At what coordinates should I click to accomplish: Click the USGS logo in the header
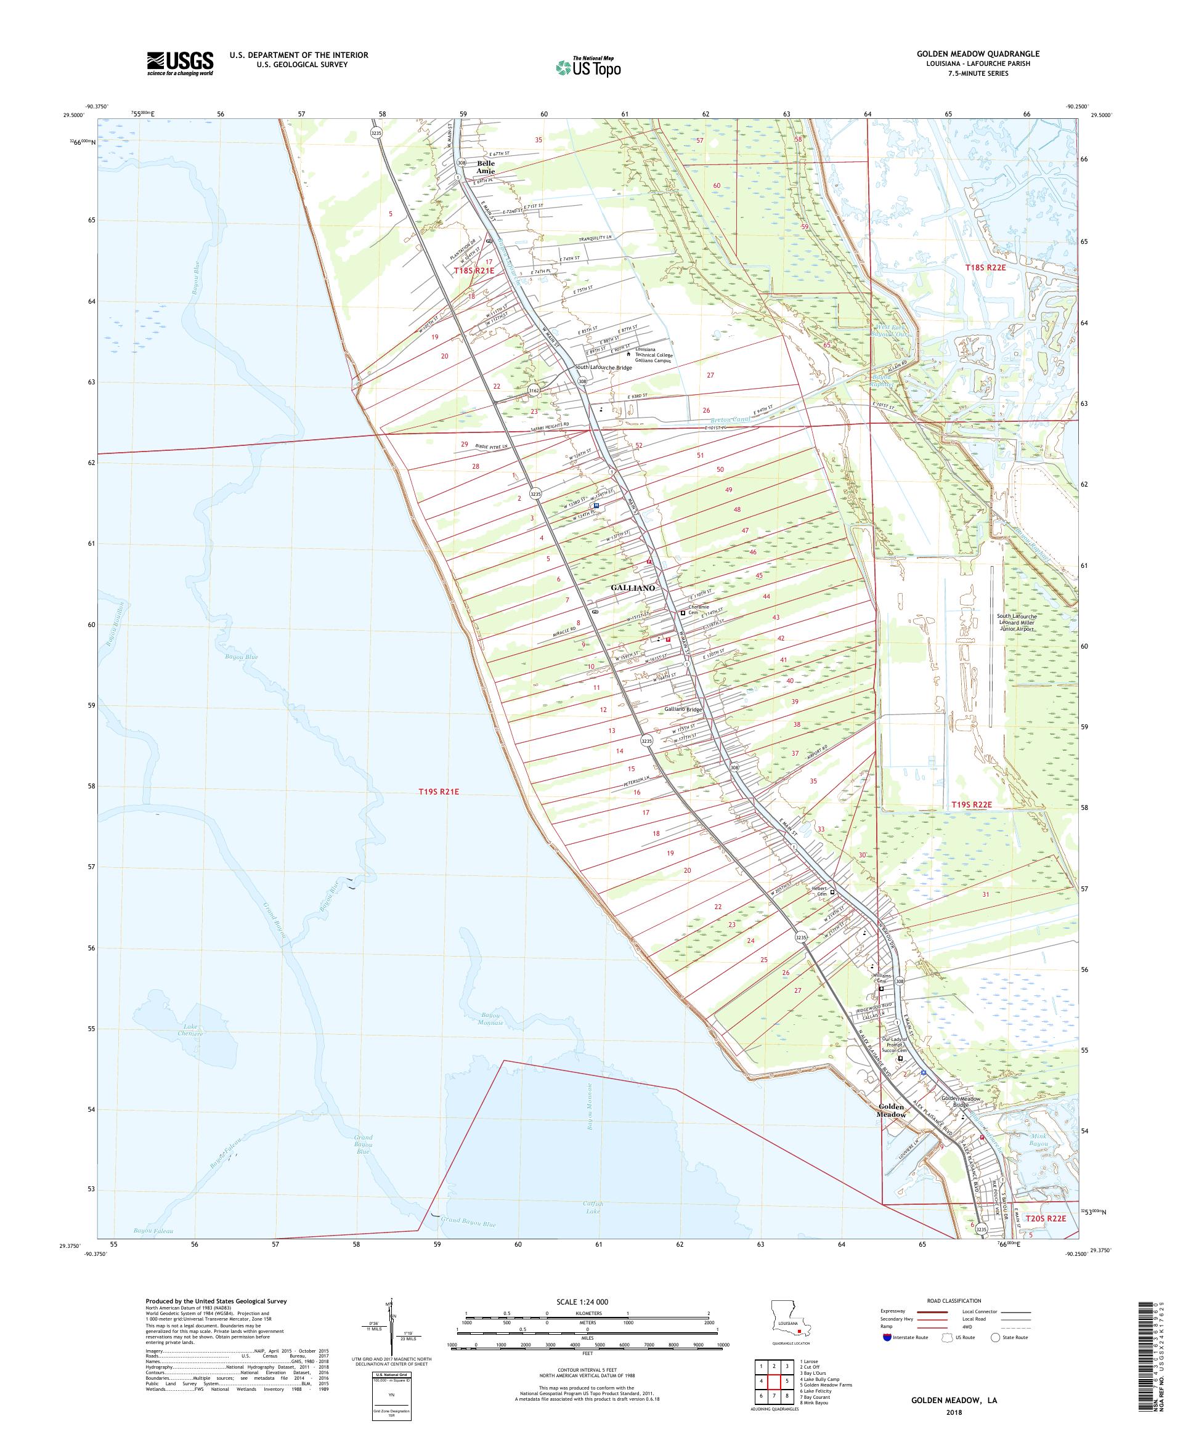tap(180, 64)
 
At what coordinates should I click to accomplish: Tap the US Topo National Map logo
tap(589, 67)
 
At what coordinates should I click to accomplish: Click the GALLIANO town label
tap(632, 587)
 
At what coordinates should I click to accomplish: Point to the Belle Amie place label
tap(486, 168)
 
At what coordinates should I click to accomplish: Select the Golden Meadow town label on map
tap(891, 1111)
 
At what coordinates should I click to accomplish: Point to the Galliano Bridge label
tap(683, 709)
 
